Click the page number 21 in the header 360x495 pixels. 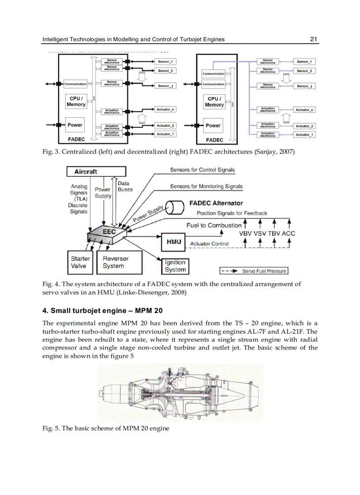pyautogui.click(x=314, y=39)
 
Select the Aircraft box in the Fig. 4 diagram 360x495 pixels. pyautogui.click(x=96, y=171)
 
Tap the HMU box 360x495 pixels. pyautogui.click(x=173, y=242)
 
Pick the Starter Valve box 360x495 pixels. pyautogui.click(x=80, y=262)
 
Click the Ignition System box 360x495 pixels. pyautogui.click(x=175, y=266)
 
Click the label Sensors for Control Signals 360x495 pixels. pyautogui.click(x=202, y=170)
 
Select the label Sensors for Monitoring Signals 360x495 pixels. pyautogui.click(x=206, y=186)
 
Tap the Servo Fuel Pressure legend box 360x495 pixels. pyautogui.click(x=254, y=271)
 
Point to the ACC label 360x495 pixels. pyautogui.click(x=288, y=233)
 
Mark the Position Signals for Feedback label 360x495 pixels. pyautogui.click(x=232, y=213)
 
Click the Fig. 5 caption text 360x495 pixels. pyautogui.click(x=106, y=428)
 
